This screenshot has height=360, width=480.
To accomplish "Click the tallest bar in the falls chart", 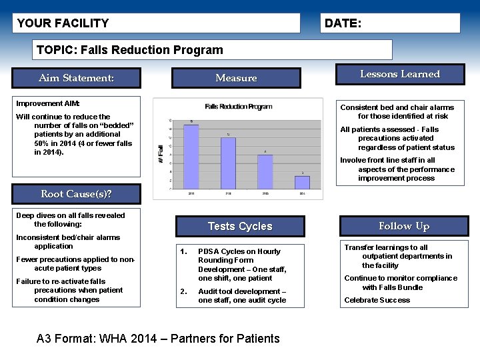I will click(191, 157).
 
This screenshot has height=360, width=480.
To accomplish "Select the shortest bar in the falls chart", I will click(302, 182).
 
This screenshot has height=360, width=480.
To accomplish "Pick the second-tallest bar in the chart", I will click(228, 163).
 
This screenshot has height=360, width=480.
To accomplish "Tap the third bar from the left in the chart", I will click(265, 171).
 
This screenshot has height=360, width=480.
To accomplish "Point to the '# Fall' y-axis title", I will click(161, 154).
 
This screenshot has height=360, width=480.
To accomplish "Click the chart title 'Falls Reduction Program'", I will click(239, 107).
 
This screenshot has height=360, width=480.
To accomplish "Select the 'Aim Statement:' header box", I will click(76, 78).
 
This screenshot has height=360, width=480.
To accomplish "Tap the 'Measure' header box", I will click(236, 78).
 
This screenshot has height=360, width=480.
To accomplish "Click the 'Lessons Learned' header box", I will click(400, 74).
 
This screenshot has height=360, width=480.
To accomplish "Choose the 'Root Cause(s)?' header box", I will click(76, 194).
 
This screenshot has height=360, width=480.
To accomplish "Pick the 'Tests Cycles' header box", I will click(240, 226).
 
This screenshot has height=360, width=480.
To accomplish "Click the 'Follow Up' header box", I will click(404, 226).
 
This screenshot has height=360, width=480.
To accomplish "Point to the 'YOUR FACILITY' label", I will click(63, 23).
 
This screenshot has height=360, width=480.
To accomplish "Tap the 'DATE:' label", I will click(343, 23).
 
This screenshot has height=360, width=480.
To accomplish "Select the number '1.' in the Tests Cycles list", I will click(183, 251).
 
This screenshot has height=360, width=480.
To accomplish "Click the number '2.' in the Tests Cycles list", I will click(183, 291).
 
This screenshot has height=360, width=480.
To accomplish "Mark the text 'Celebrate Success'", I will click(377, 300).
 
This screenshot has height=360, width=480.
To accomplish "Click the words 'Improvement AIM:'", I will click(48, 104).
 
